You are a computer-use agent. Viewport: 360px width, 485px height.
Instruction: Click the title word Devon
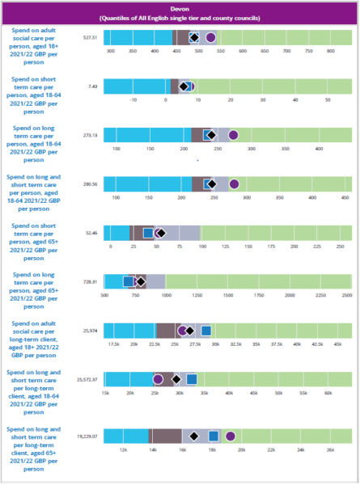pos(180,6)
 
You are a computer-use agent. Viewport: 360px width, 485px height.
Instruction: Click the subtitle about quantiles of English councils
pos(180,16)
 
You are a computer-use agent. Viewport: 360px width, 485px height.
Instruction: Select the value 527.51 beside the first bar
pos(90,37)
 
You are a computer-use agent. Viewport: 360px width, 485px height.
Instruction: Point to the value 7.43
pos(93,86)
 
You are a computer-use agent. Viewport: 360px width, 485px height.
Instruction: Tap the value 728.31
pos(90,281)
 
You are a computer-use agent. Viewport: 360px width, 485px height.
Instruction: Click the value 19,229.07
pos(87,436)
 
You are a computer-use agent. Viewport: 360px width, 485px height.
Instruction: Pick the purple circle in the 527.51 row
pos(210,37)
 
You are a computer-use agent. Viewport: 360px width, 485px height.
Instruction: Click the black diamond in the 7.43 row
pos(184,86)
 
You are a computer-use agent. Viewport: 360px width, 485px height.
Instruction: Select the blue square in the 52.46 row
pos(148,233)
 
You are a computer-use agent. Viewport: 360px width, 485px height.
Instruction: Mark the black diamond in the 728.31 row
pos(140,281)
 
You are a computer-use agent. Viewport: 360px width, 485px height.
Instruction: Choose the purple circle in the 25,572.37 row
pos(158,379)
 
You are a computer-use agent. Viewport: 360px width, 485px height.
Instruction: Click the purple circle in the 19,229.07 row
pos(231,436)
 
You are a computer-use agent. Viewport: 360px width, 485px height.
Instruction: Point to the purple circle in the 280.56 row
pos(234,183)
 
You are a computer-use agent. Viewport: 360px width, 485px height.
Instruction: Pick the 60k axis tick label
pos(328,394)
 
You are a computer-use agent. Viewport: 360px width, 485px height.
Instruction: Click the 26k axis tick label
pos(329,450)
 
